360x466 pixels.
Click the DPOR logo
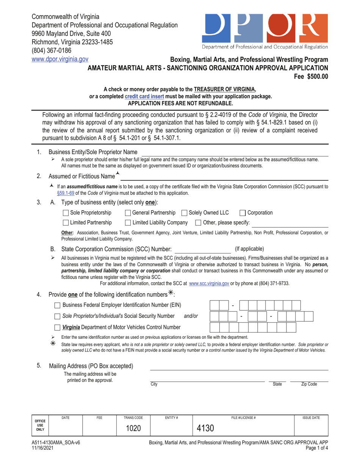(x=265, y=28)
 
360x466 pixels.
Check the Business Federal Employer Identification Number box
(x=57, y=305)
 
